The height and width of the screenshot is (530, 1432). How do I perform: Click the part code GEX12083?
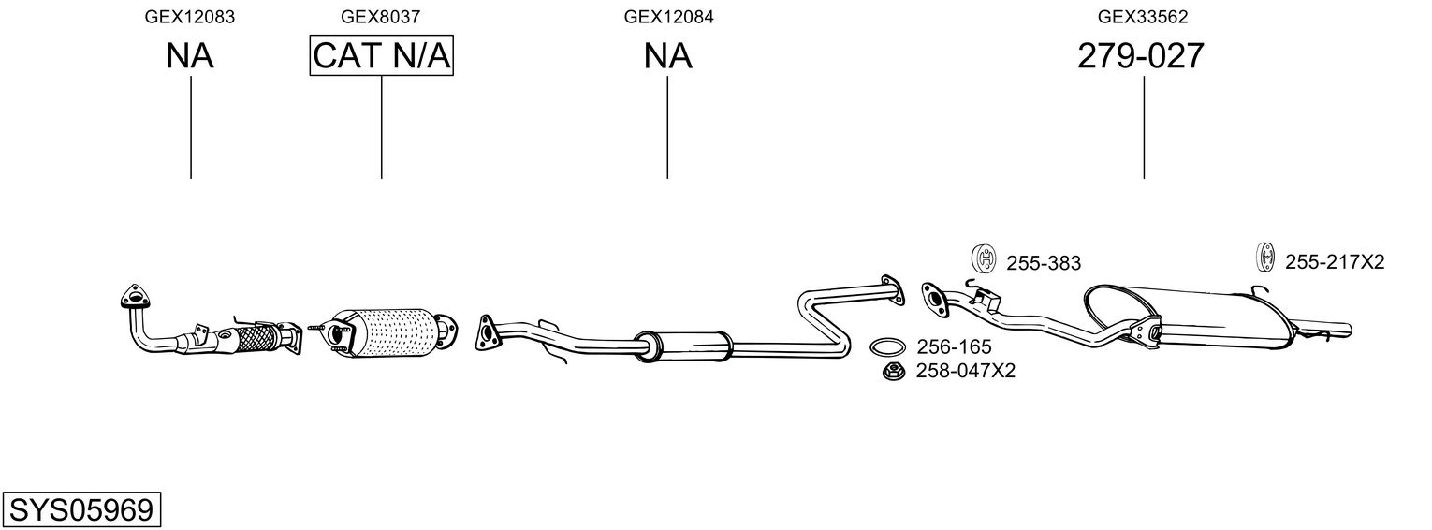pyautogui.click(x=189, y=16)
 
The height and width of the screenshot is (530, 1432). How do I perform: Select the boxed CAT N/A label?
pyautogui.click(x=381, y=56)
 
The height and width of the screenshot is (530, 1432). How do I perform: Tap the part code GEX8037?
pyautogui.click(x=380, y=16)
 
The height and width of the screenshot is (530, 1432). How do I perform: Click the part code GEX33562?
pyautogui.click(x=1143, y=16)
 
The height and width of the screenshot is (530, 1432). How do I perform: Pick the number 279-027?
pyautogui.click(x=1140, y=56)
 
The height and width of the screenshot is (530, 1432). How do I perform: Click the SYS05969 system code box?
pyautogui.click(x=80, y=510)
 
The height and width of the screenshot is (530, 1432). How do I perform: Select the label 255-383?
pyautogui.click(x=1043, y=264)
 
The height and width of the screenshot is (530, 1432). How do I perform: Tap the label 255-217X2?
pyautogui.click(x=1334, y=262)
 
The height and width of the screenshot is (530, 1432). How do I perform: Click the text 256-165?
pyautogui.click(x=954, y=347)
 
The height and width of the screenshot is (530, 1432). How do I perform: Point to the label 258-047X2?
pyautogui.click(x=965, y=371)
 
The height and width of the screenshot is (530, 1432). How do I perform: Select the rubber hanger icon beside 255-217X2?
pyautogui.click(x=1264, y=257)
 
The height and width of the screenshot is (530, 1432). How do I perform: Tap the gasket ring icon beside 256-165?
pyautogui.click(x=887, y=347)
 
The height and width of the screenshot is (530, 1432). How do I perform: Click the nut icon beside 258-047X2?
pyautogui.click(x=893, y=372)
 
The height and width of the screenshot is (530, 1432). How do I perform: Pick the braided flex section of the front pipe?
pyautogui.click(x=257, y=337)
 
